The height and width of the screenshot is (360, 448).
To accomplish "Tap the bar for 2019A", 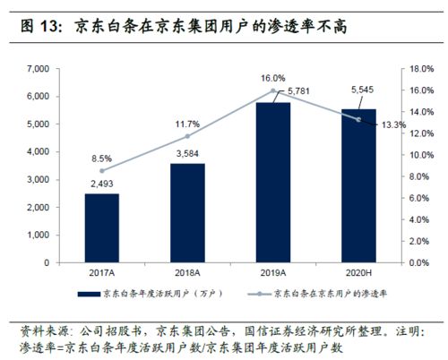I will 273,183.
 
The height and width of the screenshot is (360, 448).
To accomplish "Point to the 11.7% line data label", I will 187,123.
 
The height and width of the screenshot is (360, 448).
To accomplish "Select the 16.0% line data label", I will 273,78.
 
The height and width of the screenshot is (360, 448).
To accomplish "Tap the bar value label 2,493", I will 101,184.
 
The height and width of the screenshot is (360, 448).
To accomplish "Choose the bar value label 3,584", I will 187,153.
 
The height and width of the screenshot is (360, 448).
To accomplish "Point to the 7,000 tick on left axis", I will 37,69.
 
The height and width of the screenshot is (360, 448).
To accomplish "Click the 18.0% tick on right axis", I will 423,69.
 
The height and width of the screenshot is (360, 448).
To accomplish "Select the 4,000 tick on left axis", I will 37,152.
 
